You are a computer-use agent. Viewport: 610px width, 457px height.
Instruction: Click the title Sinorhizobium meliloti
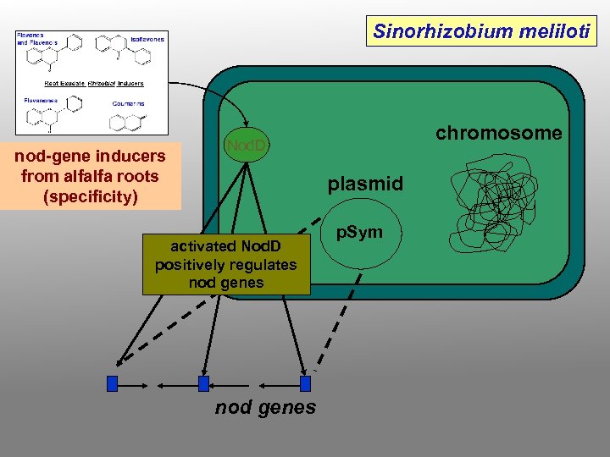480,31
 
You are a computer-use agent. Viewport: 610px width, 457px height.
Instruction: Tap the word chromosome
498,133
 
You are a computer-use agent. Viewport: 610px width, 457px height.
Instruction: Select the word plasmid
366,184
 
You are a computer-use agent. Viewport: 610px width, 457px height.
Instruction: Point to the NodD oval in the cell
246,146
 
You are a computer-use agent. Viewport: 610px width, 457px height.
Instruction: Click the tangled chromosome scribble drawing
490,198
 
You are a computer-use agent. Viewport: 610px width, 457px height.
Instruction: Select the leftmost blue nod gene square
112,383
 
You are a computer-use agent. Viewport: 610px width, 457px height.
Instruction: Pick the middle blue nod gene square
203,383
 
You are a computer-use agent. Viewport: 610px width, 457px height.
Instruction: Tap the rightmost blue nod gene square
306,383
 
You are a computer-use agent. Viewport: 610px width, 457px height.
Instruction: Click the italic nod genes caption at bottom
265,408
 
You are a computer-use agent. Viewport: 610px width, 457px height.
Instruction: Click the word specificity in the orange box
90,197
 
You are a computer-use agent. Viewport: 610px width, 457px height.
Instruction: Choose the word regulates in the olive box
263,265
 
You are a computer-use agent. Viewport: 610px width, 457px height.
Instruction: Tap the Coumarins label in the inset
130,103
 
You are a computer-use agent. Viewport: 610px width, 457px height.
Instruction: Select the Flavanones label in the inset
40,99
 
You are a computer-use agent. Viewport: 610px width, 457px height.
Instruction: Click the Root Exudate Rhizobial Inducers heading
93,84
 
